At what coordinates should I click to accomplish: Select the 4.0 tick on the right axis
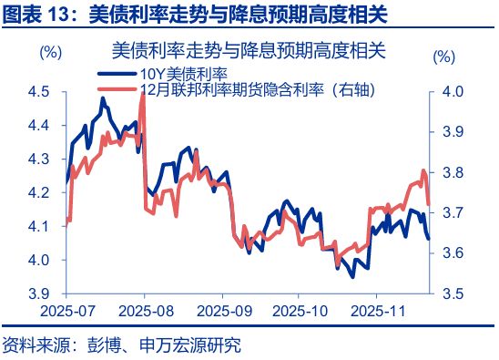click(453, 91)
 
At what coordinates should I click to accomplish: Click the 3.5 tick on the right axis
click(453, 293)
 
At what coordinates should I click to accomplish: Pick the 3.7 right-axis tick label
click(453, 212)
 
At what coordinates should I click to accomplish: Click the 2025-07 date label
click(66, 310)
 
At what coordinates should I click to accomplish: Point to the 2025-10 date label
click(300, 310)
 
